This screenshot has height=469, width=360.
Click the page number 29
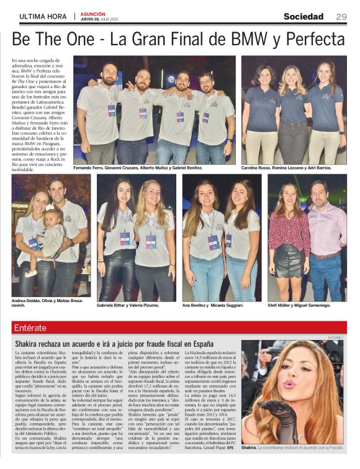[341, 17]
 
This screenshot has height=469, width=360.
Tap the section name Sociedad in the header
[304, 17]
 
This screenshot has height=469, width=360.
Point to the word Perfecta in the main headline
[314, 40]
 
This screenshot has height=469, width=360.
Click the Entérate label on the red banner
[30, 328]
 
